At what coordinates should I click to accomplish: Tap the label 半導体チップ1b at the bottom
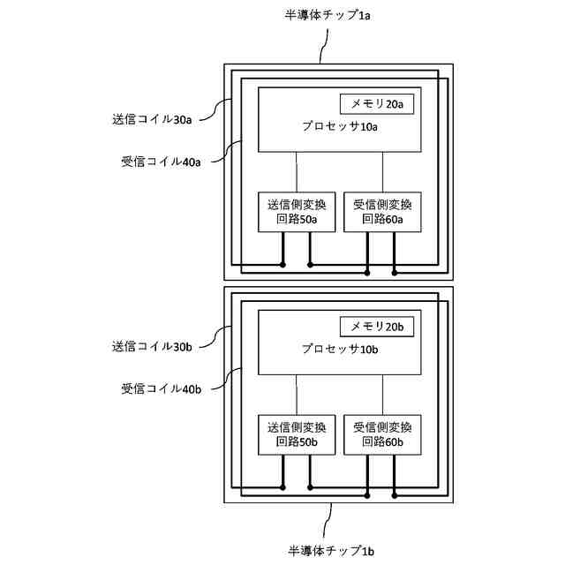point(332,551)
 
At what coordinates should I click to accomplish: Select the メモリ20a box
point(377,104)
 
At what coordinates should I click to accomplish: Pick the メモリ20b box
point(377,327)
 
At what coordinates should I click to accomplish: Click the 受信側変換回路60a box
point(382,212)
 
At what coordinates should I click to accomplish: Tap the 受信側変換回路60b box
point(382,434)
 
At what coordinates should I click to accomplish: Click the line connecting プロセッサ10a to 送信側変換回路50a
point(297,171)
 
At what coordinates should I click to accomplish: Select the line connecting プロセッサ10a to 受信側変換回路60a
point(382,171)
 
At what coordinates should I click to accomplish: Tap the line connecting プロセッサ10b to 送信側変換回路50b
point(297,394)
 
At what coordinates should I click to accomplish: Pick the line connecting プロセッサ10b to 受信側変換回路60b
point(382,394)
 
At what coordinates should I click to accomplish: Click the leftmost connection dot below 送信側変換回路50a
point(282,264)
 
